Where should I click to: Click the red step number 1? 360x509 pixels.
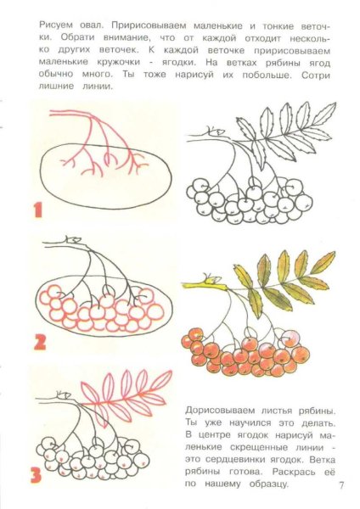click(x=36, y=209)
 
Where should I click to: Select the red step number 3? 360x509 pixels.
click(x=36, y=475)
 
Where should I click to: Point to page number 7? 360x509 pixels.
click(x=340, y=486)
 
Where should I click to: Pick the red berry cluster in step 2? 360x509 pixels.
click(x=102, y=310)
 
